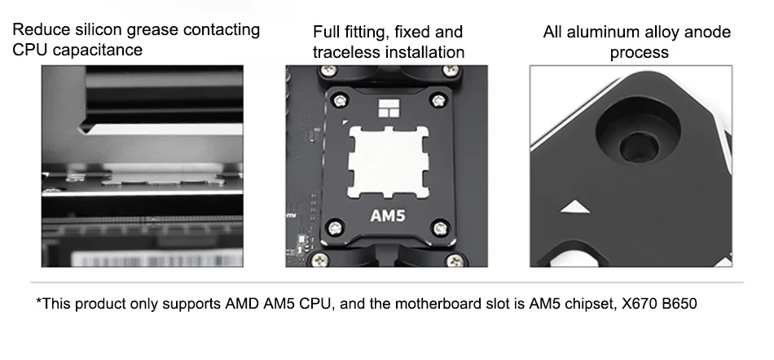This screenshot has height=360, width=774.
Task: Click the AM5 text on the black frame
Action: coord(386,217)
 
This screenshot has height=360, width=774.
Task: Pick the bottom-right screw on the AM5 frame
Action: coord(441,226)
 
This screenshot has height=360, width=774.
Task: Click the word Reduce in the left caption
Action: coord(39,31)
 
